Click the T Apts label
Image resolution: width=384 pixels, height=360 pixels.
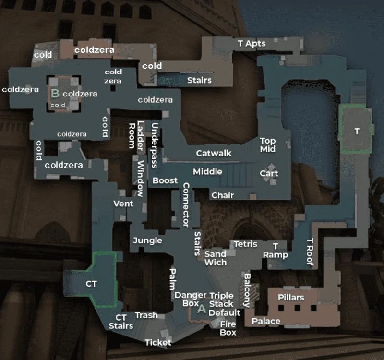point(252,43)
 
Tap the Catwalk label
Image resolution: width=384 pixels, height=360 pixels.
point(214,153)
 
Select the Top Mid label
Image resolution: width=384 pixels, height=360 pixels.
point(267,144)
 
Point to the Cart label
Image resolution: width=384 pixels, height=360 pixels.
point(269,173)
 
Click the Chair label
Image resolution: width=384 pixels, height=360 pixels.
point(223,195)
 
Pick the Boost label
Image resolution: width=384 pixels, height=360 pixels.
point(165,181)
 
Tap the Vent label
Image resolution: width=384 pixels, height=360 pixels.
point(123,204)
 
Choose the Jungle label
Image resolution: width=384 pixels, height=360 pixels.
point(147,240)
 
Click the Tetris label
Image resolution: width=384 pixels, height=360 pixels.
point(245,244)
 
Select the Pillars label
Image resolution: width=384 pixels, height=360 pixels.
point(291,297)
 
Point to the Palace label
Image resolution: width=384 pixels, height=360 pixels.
point(266,321)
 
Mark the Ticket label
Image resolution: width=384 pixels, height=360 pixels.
point(158,342)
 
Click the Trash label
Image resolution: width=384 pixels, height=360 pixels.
point(146,315)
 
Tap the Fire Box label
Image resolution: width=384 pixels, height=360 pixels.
point(228,328)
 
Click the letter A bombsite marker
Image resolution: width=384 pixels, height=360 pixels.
point(202,309)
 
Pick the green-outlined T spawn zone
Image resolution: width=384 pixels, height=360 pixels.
point(355,130)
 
